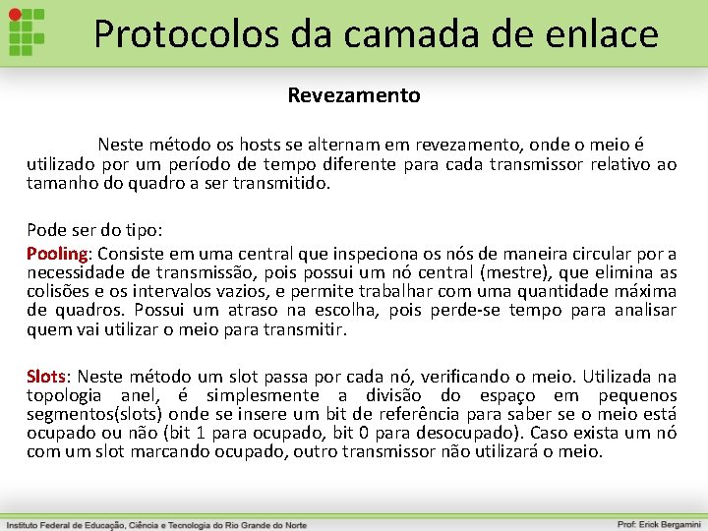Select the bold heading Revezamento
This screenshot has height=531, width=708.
click(354, 95)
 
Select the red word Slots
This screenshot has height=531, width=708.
click(45, 377)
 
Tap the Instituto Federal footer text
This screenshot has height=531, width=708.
click(157, 524)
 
